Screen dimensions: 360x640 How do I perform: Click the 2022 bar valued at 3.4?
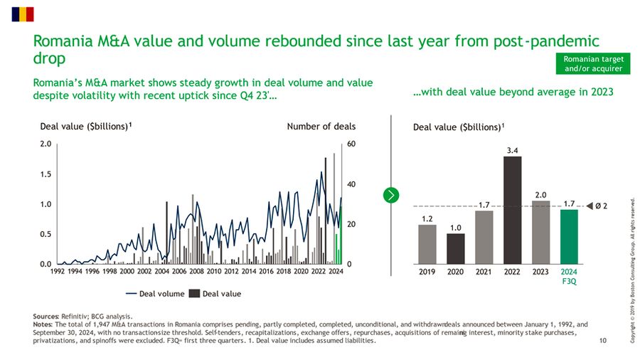click(512, 209)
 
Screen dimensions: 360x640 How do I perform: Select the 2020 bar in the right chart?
click(455, 248)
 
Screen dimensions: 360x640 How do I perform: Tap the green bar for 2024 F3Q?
click(569, 236)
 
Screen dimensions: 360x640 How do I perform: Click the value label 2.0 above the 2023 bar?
click(540, 194)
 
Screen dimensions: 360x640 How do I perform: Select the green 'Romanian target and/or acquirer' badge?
click(592, 63)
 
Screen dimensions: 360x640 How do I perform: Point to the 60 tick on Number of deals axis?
click(351, 144)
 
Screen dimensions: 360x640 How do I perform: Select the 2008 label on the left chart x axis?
click(197, 271)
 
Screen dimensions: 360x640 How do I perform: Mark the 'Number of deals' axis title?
click(321, 127)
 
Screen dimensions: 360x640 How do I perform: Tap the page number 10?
click(603, 341)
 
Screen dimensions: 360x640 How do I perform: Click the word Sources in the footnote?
click(46, 316)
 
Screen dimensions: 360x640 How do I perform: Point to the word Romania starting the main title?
click(63, 41)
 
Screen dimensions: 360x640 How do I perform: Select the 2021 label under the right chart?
click(484, 271)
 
